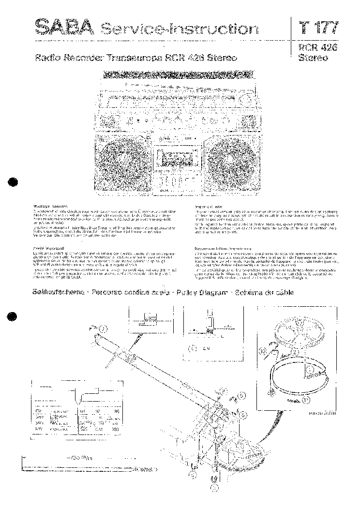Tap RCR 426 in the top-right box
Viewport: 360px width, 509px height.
317,47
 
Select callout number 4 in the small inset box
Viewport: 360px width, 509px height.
193,348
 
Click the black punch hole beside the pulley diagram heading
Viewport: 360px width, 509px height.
13,317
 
